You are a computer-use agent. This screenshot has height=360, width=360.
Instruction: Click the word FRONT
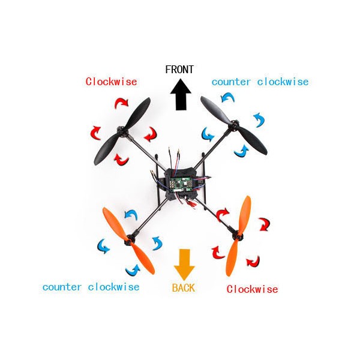click(x=179, y=70)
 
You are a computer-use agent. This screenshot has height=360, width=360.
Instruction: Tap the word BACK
click(x=183, y=288)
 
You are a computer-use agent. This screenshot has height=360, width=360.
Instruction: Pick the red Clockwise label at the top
click(x=111, y=82)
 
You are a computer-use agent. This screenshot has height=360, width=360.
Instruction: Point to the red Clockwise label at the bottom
click(x=252, y=289)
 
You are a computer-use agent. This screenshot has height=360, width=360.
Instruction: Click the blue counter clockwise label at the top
click(x=260, y=82)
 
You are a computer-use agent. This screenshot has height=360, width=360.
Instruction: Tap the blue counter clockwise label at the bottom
click(x=91, y=287)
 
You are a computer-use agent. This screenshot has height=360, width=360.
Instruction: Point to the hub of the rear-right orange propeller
click(x=238, y=236)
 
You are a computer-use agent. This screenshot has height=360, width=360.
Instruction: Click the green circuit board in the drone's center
click(x=179, y=182)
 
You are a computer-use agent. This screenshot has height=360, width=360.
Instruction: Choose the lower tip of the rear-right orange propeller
click(x=231, y=273)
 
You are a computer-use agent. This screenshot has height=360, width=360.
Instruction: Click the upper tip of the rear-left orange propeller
click(x=107, y=211)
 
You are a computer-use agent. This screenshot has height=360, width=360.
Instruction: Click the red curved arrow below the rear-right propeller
click(x=254, y=261)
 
